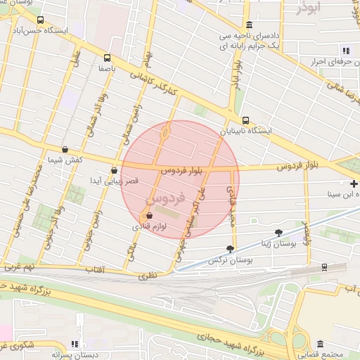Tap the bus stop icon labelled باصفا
point(107,58)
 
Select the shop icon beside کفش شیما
point(65,149)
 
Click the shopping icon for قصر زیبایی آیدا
point(114,169)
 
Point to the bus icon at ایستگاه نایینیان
point(245,120)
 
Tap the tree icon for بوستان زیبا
point(279,232)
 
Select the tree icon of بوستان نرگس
point(230,249)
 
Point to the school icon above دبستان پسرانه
point(74,345)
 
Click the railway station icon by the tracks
point(323,267)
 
